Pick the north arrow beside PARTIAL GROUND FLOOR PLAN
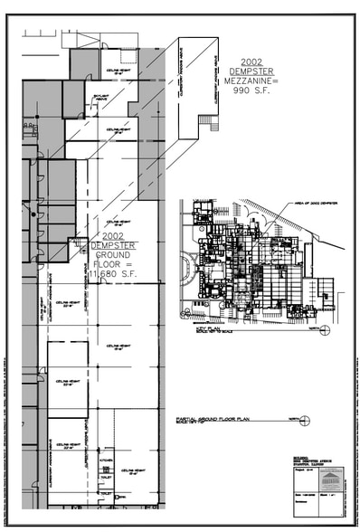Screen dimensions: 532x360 click(x=305, y=419)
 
